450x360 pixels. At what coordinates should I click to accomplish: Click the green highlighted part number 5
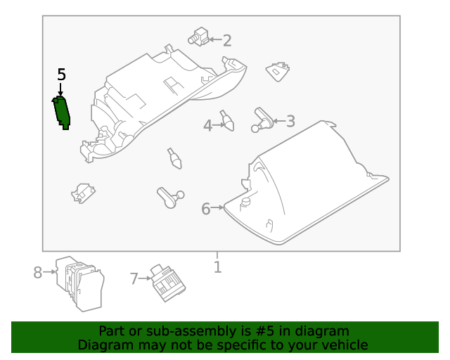[61, 113]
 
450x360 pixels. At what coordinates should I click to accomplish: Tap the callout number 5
[61, 75]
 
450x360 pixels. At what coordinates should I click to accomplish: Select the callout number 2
[227, 41]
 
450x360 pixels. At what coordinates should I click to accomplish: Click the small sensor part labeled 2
[198, 37]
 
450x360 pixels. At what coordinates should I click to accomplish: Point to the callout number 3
[290, 121]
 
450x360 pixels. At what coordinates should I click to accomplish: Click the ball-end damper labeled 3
[262, 120]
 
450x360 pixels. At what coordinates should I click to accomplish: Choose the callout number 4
[208, 126]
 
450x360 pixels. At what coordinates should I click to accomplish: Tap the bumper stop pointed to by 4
[227, 120]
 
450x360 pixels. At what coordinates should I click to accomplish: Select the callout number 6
[206, 209]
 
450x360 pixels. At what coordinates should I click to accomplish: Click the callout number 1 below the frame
[218, 267]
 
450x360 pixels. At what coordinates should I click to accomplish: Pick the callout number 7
[134, 278]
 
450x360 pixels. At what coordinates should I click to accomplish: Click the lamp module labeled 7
[168, 283]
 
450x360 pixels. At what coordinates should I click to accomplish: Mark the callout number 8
[37, 272]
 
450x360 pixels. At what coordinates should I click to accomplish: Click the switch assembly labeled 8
[80, 284]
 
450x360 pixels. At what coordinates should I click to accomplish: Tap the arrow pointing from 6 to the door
[217, 207]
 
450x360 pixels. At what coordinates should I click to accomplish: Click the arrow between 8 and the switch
[49, 271]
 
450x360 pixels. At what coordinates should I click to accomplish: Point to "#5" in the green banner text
[264, 331]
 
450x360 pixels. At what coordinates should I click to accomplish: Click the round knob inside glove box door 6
[245, 202]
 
